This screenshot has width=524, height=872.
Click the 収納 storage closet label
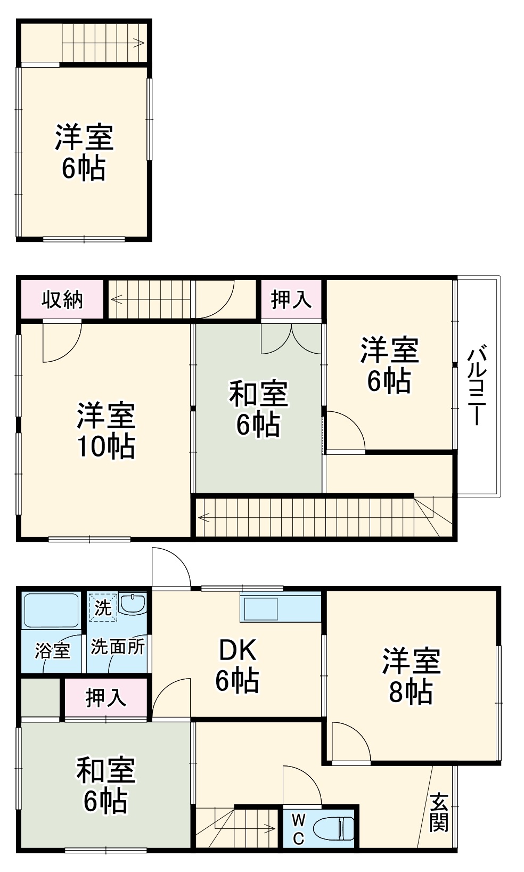click(x=62, y=300)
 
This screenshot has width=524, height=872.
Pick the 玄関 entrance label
click(x=439, y=812)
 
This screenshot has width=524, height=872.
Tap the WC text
click(x=299, y=829)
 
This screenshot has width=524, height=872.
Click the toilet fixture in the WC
click(x=333, y=829)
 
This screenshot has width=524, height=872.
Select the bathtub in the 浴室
click(x=51, y=610)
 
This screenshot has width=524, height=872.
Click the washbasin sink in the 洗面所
click(x=132, y=604)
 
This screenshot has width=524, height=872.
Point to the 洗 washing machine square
click(x=102, y=607)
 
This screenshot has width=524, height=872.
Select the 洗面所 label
click(x=117, y=647)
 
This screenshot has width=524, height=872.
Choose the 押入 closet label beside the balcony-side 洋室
click(x=291, y=299)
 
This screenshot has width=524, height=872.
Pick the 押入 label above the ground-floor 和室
click(x=105, y=698)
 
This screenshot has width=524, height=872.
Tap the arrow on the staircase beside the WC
click(x=269, y=828)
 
